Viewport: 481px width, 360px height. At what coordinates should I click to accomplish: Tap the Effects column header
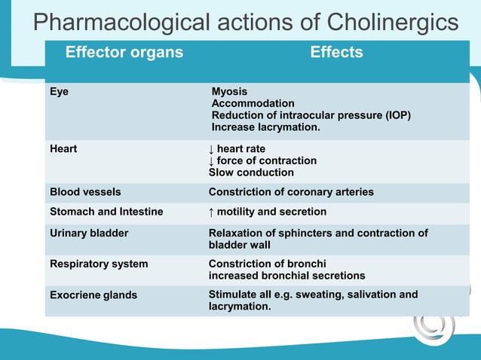point(336,53)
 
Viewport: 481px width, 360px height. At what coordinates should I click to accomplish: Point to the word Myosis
point(229,92)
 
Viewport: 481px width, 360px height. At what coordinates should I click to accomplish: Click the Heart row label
point(63,149)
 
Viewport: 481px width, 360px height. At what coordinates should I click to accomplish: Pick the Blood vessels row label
point(85,192)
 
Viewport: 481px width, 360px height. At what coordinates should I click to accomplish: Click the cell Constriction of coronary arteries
point(291,192)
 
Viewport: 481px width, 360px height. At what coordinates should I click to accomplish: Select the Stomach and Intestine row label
point(106,212)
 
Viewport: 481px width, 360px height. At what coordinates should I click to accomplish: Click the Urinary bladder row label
point(89,233)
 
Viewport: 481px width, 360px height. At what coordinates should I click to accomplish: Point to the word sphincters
point(302,233)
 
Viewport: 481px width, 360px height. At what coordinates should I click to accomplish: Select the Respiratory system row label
point(99,264)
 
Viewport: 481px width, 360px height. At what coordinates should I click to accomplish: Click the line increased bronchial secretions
point(286,276)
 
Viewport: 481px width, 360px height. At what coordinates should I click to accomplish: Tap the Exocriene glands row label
point(93,295)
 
